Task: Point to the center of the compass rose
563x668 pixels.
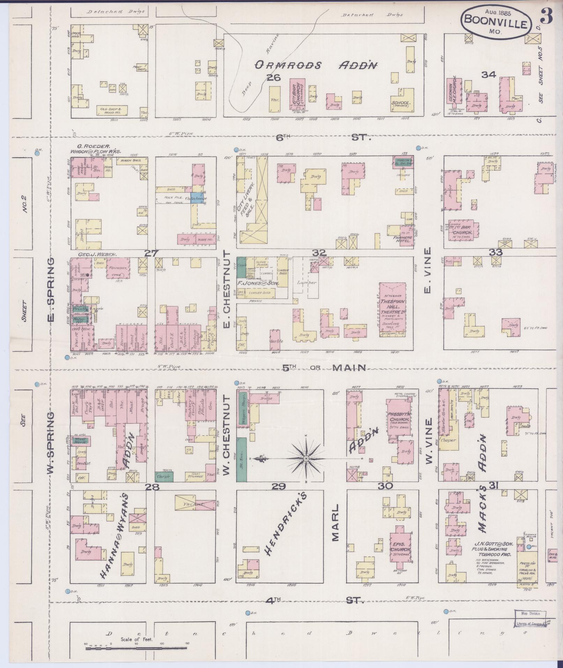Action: pos(306,458)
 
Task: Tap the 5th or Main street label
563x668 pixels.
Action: pos(324,368)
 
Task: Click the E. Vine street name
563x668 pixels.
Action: pos(428,270)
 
